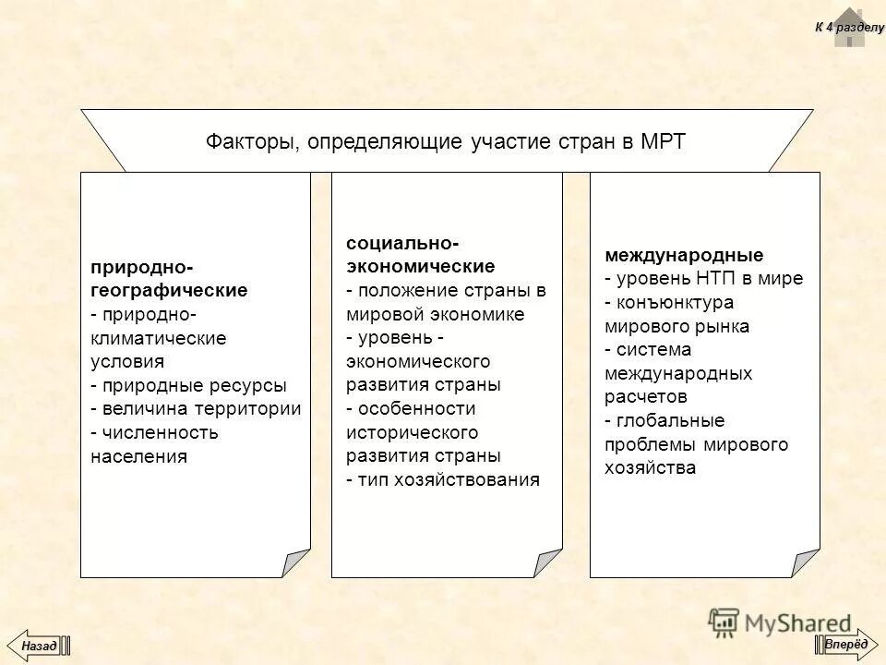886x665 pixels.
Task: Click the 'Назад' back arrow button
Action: [x=40, y=645]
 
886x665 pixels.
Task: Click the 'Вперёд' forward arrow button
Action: [x=846, y=644]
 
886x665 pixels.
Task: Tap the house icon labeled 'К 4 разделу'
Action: [x=848, y=27]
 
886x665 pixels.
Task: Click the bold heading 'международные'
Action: [x=684, y=255]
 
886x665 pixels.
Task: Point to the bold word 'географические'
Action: [x=169, y=291]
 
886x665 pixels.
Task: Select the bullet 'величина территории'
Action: [x=201, y=409]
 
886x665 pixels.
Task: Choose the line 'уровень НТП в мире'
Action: [x=709, y=279]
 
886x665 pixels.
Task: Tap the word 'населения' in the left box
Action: [x=138, y=456]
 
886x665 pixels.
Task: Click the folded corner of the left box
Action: [x=296, y=562]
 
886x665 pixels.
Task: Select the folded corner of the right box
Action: [x=805, y=562]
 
